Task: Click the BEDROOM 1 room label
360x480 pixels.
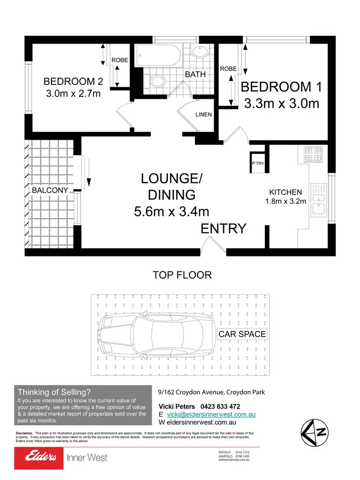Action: [x=282, y=87]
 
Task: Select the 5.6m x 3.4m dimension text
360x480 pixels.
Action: [x=172, y=211]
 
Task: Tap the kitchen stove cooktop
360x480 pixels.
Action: [x=313, y=154]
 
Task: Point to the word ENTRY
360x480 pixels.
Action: [x=224, y=229]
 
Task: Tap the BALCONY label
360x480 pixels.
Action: [x=50, y=190]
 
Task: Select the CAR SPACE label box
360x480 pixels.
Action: [x=242, y=334]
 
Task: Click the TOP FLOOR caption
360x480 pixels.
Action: [x=182, y=275]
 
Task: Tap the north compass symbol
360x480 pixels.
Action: [x=314, y=432]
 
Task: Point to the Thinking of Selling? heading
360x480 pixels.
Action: [x=54, y=392]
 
